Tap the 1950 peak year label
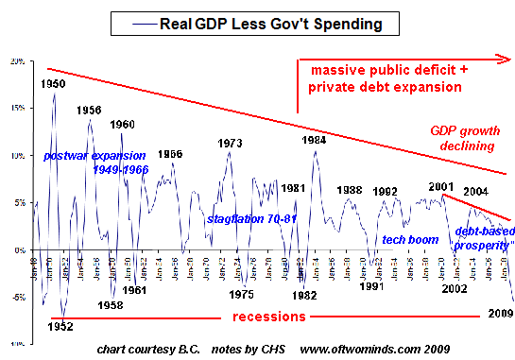[54, 84]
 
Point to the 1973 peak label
[231, 143]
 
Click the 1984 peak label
[315, 140]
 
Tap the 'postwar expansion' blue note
[94, 155]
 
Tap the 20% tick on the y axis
[16, 61]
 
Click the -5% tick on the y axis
[17, 297]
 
